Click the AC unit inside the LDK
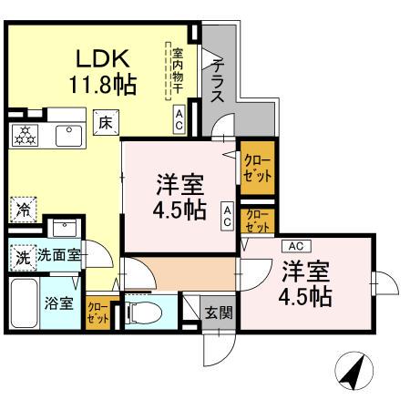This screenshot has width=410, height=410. click(179, 118)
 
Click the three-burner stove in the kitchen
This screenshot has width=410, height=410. click(24, 136)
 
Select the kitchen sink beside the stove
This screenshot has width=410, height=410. click(67, 136)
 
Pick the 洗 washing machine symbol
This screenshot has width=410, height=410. click(21, 257)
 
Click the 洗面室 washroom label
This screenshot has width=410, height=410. click(58, 257)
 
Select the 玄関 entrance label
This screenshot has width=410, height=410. click(218, 313)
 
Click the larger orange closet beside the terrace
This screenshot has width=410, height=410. click(257, 167)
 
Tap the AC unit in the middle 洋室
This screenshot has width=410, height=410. click(227, 214)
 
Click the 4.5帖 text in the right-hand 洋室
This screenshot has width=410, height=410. click(306, 296)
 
